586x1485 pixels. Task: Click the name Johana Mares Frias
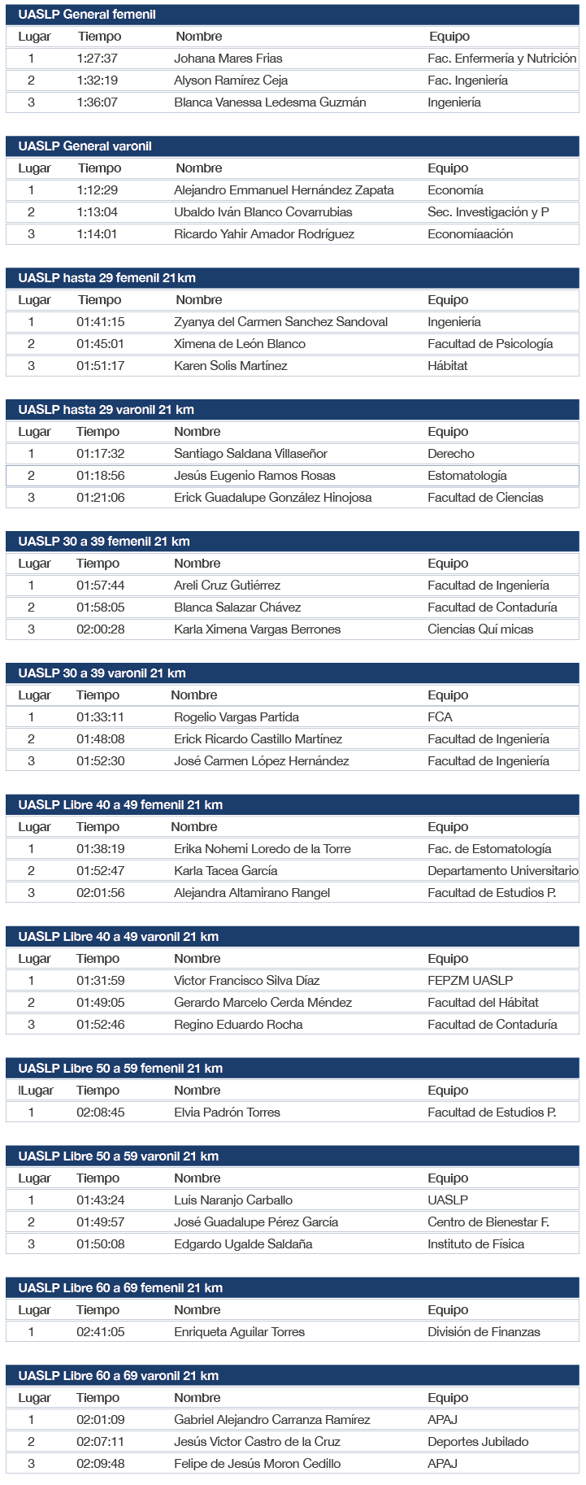(x=228, y=59)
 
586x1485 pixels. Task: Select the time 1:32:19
(x=98, y=81)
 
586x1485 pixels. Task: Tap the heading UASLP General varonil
(x=85, y=146)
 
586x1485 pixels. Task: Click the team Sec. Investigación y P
(x=488, y=212)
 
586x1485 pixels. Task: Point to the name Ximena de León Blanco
(x=239, y=344)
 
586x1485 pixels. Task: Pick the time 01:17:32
(x=101, y=454)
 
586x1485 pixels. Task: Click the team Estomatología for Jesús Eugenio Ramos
(x=467, y=476)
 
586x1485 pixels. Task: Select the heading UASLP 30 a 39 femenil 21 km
(x=104, y=542)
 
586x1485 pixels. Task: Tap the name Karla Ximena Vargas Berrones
(x=257, y=629)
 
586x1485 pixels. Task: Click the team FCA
(x=440, y=717)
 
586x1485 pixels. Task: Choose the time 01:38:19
(x=101, y=849)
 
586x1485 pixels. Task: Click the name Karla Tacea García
(x=225, y=871)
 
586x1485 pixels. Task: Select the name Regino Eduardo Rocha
(x=238, y=1025)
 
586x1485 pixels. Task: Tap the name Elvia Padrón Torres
(x=227, y=1113)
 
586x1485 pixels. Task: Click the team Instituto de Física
(x=475, y=1244)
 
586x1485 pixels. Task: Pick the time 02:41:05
(x=101, y=1332)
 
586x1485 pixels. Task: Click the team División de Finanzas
(x=484, y=1332)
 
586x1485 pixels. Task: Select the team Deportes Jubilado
(x=478, y=1442)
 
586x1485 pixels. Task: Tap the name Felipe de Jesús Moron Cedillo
(x=257, y=1464)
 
